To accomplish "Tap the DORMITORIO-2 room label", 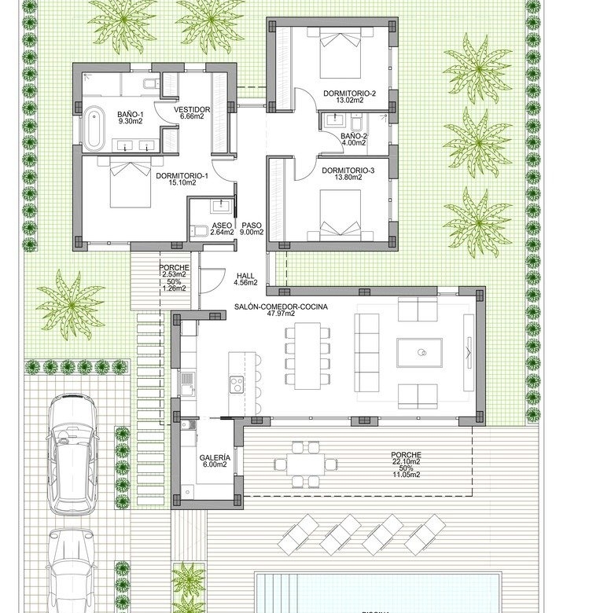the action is click(349, 94).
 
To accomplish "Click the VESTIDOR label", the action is click(192, 109).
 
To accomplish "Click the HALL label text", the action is click(245, 276).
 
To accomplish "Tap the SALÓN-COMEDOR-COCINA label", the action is click(281, 306).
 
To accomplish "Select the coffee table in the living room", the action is click(420, 353).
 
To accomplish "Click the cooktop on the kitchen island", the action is click(236, 384).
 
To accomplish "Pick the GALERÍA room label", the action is click(215, 458).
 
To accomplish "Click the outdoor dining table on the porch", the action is click(305, 464).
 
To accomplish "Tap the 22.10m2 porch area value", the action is click(407, 461).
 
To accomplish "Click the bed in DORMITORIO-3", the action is click(340, 215).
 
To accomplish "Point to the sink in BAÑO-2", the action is click(333, 119).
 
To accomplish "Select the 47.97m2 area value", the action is click(281, 314).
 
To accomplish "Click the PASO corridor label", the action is click(252, 226).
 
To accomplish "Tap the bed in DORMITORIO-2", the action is click(340, 56).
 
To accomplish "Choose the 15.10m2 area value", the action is click(182, 182).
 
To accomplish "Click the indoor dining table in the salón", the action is click(307, 355).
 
